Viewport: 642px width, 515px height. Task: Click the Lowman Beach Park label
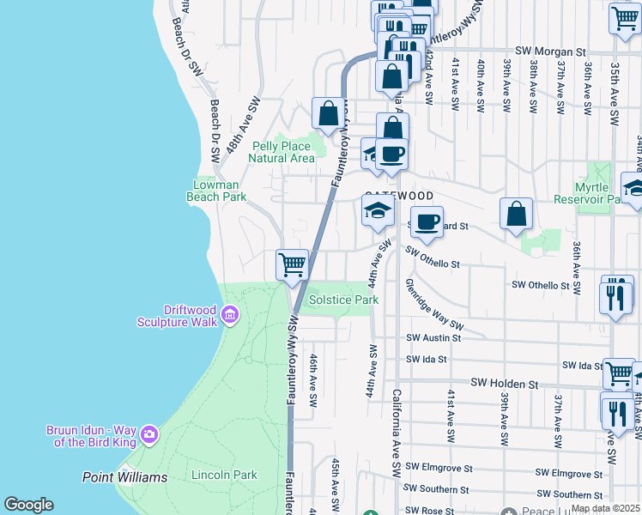click(x=216, y=191)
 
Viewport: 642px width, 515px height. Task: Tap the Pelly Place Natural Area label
click(x=283, y=152)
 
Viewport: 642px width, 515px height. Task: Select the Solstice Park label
click(x=343, y=300)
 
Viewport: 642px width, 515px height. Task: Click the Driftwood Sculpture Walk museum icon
click(x=229, y=316)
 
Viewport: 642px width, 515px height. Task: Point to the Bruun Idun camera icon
click(x=148, y=434)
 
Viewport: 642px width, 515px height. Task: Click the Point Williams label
click(x=124, y=477)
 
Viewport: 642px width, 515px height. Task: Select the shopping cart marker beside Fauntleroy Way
click(x=293, y=264)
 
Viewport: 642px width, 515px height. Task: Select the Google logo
click(x=28, y=505)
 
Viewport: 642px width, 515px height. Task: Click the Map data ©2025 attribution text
click(x=605, y=508)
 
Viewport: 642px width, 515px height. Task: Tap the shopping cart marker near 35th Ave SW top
click(x=624, y=19)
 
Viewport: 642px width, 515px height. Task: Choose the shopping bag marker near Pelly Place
click(x=328, y=112)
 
